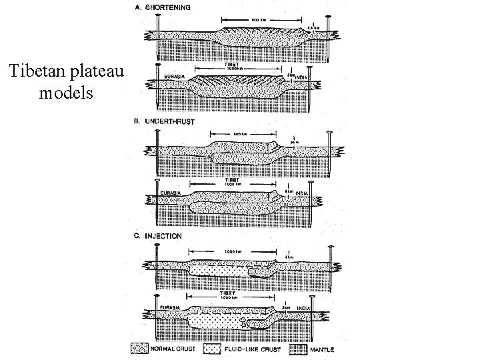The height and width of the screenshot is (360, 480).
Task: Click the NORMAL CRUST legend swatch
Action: pos(140,349)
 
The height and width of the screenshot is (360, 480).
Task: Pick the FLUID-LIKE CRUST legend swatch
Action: pos(213,349)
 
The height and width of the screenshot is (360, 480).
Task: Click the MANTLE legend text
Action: pos(323,349)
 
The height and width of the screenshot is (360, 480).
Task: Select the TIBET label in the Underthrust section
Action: pos(233,180)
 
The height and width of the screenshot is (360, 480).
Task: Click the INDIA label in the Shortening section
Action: pos(304,76)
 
